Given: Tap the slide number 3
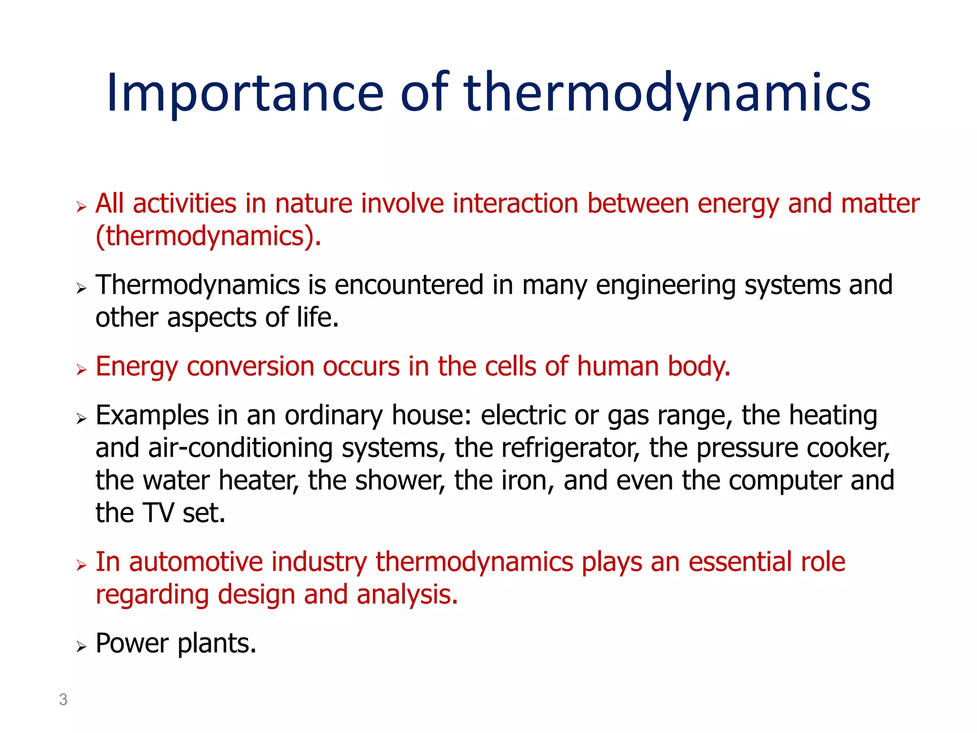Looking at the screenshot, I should [63, 700].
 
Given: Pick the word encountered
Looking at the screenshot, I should [409, 285].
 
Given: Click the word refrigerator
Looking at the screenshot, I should [570, 449].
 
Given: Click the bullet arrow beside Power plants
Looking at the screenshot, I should [82, 647].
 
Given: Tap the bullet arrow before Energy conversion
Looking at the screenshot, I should [82, 370].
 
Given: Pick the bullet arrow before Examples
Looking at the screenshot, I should [82, 419].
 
